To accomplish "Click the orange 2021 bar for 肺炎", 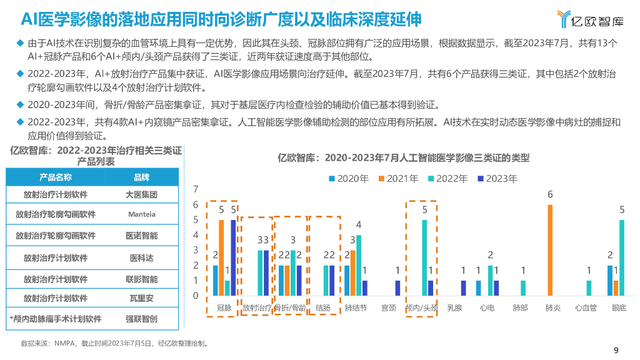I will click(x=550, y=250).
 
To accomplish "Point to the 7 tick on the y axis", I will click(x=196, y=189).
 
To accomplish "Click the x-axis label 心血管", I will click(x=586, y=308).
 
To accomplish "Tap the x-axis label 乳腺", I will click(x=454, y=308).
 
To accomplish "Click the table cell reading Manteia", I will click(x=142, y=214).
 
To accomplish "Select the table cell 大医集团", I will click(x=142, y=194).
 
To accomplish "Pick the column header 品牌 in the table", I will click(x=142, y=177).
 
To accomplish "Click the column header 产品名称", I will click(x=56, y=177).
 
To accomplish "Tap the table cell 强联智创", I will click(x=142, y=319).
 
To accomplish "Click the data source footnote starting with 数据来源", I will click(x=114, y=343).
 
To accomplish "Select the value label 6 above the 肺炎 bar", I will click(x=550, y=195).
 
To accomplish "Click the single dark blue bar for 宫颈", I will click(x=397, y=287).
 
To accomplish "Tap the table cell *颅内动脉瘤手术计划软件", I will click(x=56, y=319).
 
